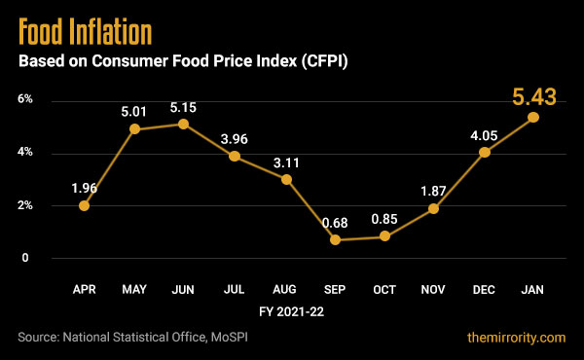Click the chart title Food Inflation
click(x=86, y=31)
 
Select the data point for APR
click(x=85, y=205)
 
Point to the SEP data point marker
click(x=336, y=239)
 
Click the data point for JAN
click(x=534, y=117)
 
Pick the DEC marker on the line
click(x=484, y=153)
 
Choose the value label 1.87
click(x=433, y=190)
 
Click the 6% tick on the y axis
click(x=24, y=99)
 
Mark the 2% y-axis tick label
click(x=24, y=205)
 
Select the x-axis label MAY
click(x=135, y=290)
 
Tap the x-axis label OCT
click(x=385, y=290)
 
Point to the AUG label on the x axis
click(x=285, y=290)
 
